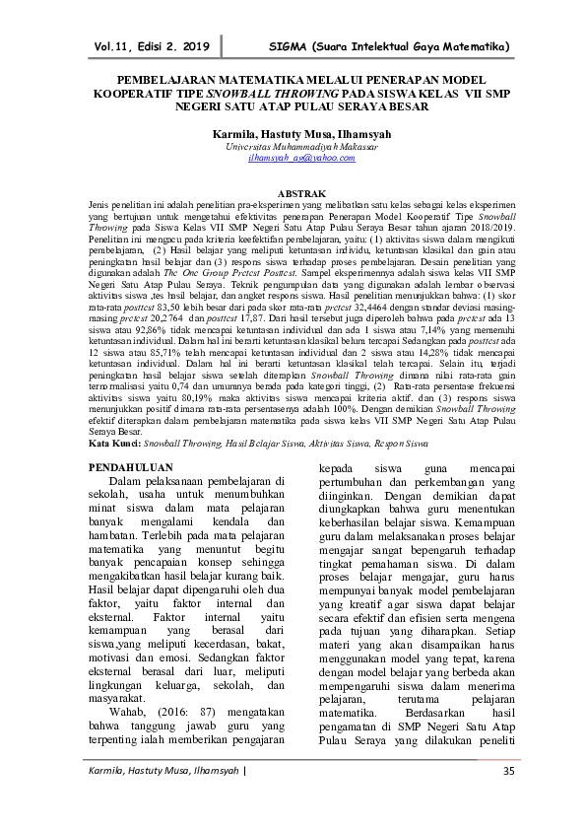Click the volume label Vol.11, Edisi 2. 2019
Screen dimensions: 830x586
point(153,46)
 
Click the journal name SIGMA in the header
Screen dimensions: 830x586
point(289,46)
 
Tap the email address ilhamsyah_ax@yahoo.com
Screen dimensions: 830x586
point(293,158)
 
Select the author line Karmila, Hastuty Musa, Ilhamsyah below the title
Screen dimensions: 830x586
point(293,131)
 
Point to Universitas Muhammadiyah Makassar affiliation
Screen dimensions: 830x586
point(293,145)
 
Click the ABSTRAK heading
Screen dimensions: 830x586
point(293,187)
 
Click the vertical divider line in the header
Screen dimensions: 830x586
point(222,45)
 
